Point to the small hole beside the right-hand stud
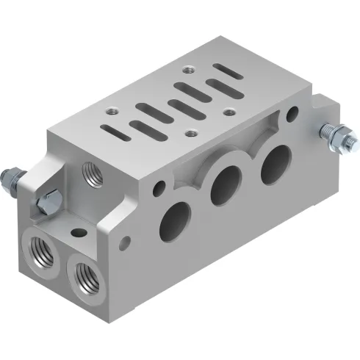(x=292, y=115)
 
